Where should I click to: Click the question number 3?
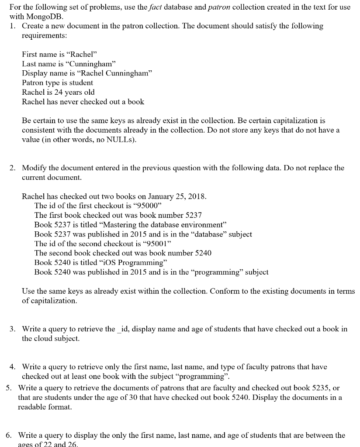click(13, 329)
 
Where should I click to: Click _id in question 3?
click(123, 329)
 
